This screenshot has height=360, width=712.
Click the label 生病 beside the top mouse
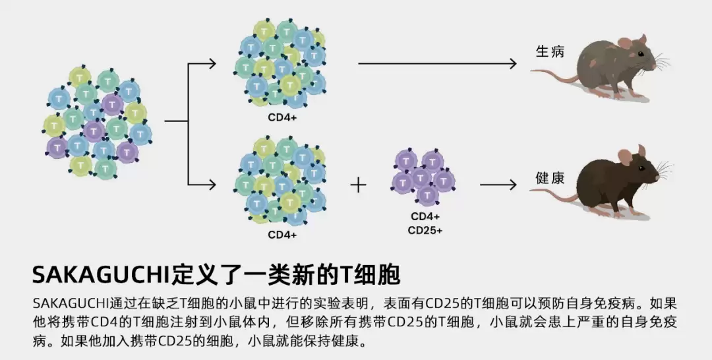pyautogui.click(x=550, y=52)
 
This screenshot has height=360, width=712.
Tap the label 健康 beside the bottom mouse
pyautogui.click(x=550, y=179)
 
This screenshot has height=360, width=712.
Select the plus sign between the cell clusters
pyautogui.click(x=358, y=185)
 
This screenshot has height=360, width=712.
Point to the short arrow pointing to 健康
pyautogui.click(x=498, y=185)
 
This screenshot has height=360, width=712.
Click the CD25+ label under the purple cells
pyautogui.click(x=425, y=231)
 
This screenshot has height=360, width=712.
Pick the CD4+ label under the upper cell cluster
pyautogui.click(x=282, y=118)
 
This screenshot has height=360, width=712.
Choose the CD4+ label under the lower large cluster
pyautogui.click(x=282, y=234)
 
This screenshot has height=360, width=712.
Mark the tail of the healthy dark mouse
pyautogui.click(x=554, y=194)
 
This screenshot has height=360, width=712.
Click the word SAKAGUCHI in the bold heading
pyautogui.click(x=92, y=273)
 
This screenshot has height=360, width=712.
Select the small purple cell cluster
pyautogui.click(x=424, y=177)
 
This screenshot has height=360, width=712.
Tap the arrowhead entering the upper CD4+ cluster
pyautogui.click(x=212, y=64)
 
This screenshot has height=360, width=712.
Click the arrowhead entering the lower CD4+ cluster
pyautogui.click(x=212, y=185)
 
